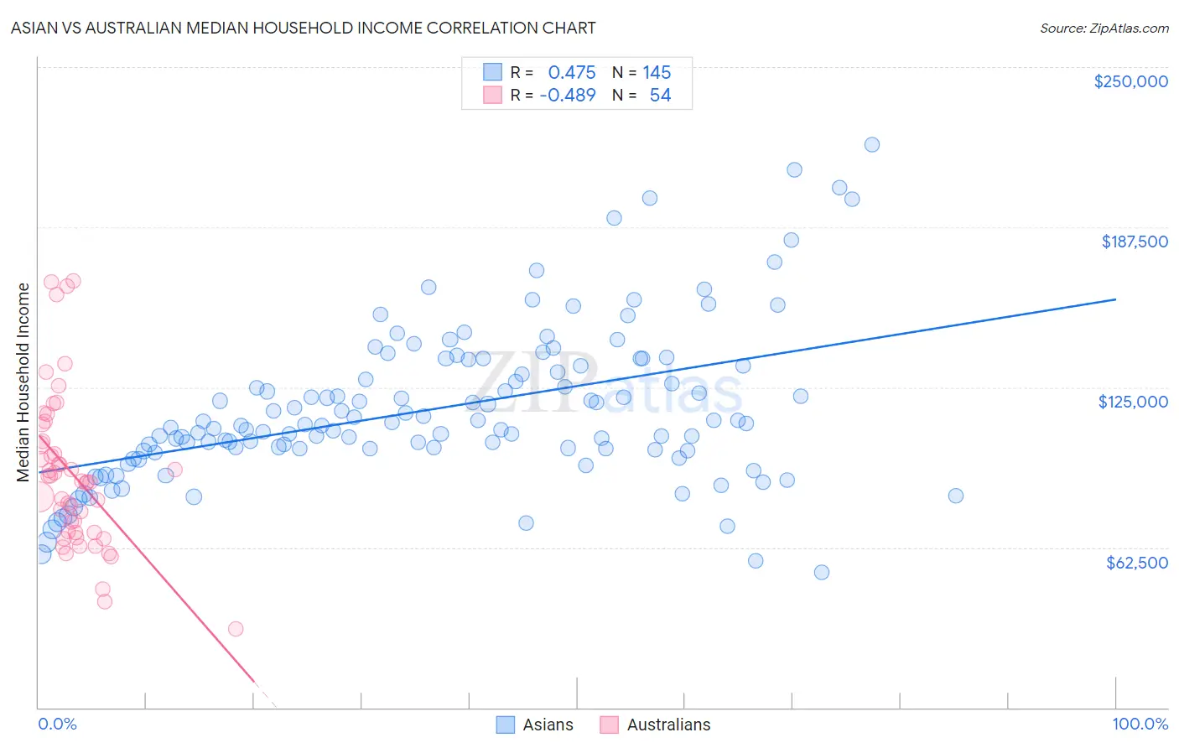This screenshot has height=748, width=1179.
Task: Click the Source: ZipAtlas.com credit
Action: click(x=1104, y=28)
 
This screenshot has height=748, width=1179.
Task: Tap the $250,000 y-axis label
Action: click(x=1130, y=81)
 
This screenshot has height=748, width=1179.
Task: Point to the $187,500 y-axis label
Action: click(x=1134, y=242)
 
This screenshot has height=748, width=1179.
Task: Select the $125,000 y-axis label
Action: click(x=1133, y=402)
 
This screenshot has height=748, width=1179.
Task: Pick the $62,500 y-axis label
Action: click(x=1136, y=563)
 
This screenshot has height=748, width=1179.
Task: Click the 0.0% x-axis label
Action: click(x=57, y=724)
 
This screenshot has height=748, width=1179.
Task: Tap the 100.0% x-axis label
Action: click(x=1140, y=724)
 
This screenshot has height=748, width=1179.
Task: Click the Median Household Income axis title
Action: click(x=23, y=382)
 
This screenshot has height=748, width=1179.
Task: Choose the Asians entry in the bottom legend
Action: click(x=548, y=725)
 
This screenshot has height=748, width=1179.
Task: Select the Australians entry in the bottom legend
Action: click(x=668, y=725)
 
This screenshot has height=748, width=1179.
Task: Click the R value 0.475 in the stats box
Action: click(x=572, y=72)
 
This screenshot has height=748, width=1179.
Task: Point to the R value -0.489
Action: click(x=568, y=95)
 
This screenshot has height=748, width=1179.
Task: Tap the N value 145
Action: click(x=657, y=72)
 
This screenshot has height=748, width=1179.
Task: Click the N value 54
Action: click(x=660, y=95)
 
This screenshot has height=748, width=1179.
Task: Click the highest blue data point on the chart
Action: click(x=871, y=144)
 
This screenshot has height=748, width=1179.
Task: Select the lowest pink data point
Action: click(x=236, y=629)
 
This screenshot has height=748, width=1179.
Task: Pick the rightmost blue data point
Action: click(x=955, y=496)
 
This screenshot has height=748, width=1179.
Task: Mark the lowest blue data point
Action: click(x=822, y=572)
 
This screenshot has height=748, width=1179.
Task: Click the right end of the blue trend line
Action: click(x=1115, y=299)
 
